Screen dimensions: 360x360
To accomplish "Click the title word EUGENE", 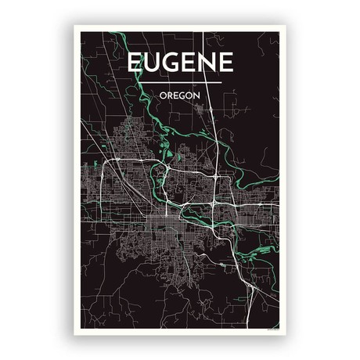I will click(179, 63).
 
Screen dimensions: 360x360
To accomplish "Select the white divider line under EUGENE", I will click(179, 81).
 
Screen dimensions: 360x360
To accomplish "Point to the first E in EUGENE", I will click(135, 63).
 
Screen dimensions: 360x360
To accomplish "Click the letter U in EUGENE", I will click(152, 63).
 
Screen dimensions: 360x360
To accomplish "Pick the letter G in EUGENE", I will click(171, 63).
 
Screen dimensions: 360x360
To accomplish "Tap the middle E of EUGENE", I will click(189, 63).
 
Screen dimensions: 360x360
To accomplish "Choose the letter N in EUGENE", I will click(207, 63).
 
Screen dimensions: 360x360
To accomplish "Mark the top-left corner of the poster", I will click(75, 26).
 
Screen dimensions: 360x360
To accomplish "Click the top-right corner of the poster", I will click(286, 26).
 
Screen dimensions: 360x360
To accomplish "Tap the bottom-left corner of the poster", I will click(75, 334).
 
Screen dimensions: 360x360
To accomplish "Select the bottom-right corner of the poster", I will click(286, 334).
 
